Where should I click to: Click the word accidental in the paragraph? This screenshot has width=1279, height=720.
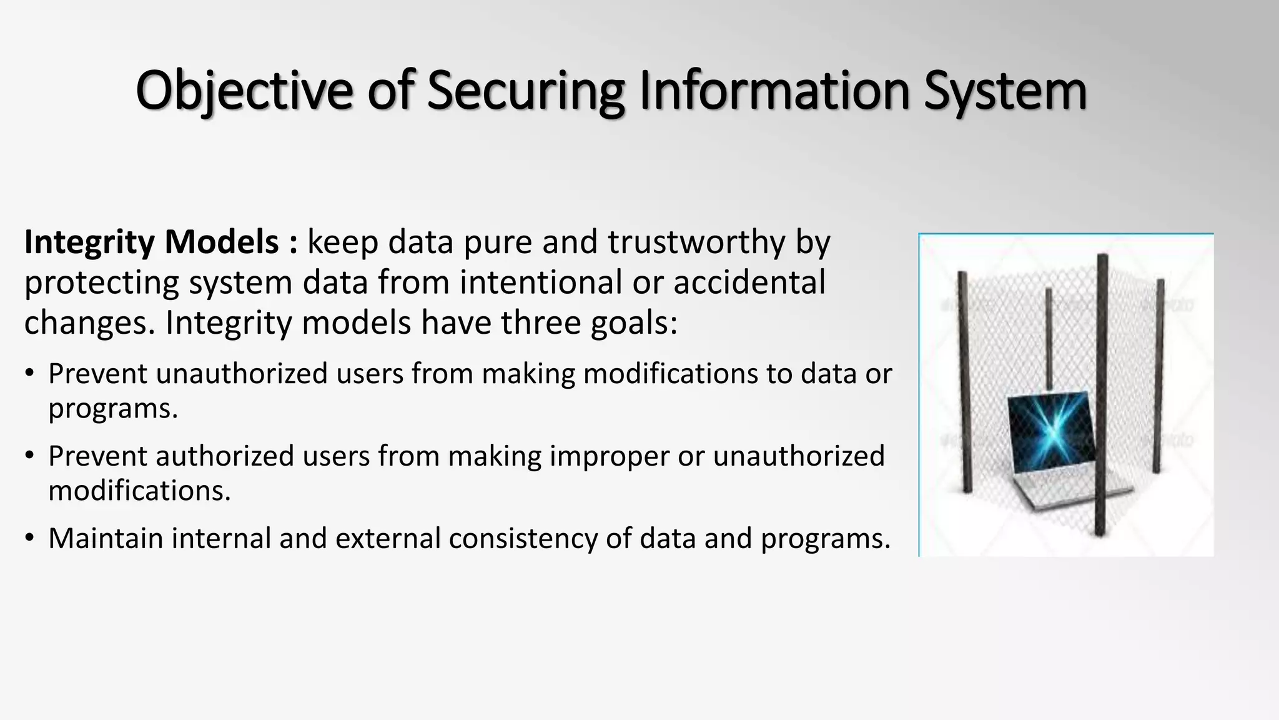749,282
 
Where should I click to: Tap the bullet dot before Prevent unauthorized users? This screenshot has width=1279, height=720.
30,374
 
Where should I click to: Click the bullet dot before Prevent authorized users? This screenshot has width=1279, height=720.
30,456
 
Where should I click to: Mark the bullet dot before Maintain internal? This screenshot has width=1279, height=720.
30,539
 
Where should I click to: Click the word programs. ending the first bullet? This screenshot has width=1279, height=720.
113,409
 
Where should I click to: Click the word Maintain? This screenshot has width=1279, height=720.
106,539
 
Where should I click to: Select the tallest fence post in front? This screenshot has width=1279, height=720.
1102,394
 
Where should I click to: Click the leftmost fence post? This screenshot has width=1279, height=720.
965,381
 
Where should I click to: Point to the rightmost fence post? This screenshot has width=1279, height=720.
1158,375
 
